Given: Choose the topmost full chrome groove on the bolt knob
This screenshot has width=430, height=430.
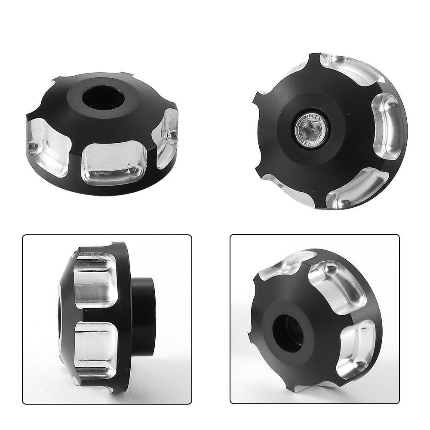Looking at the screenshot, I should pos(353,69).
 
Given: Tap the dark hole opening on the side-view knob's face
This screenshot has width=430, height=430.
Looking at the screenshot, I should pos(60,316).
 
